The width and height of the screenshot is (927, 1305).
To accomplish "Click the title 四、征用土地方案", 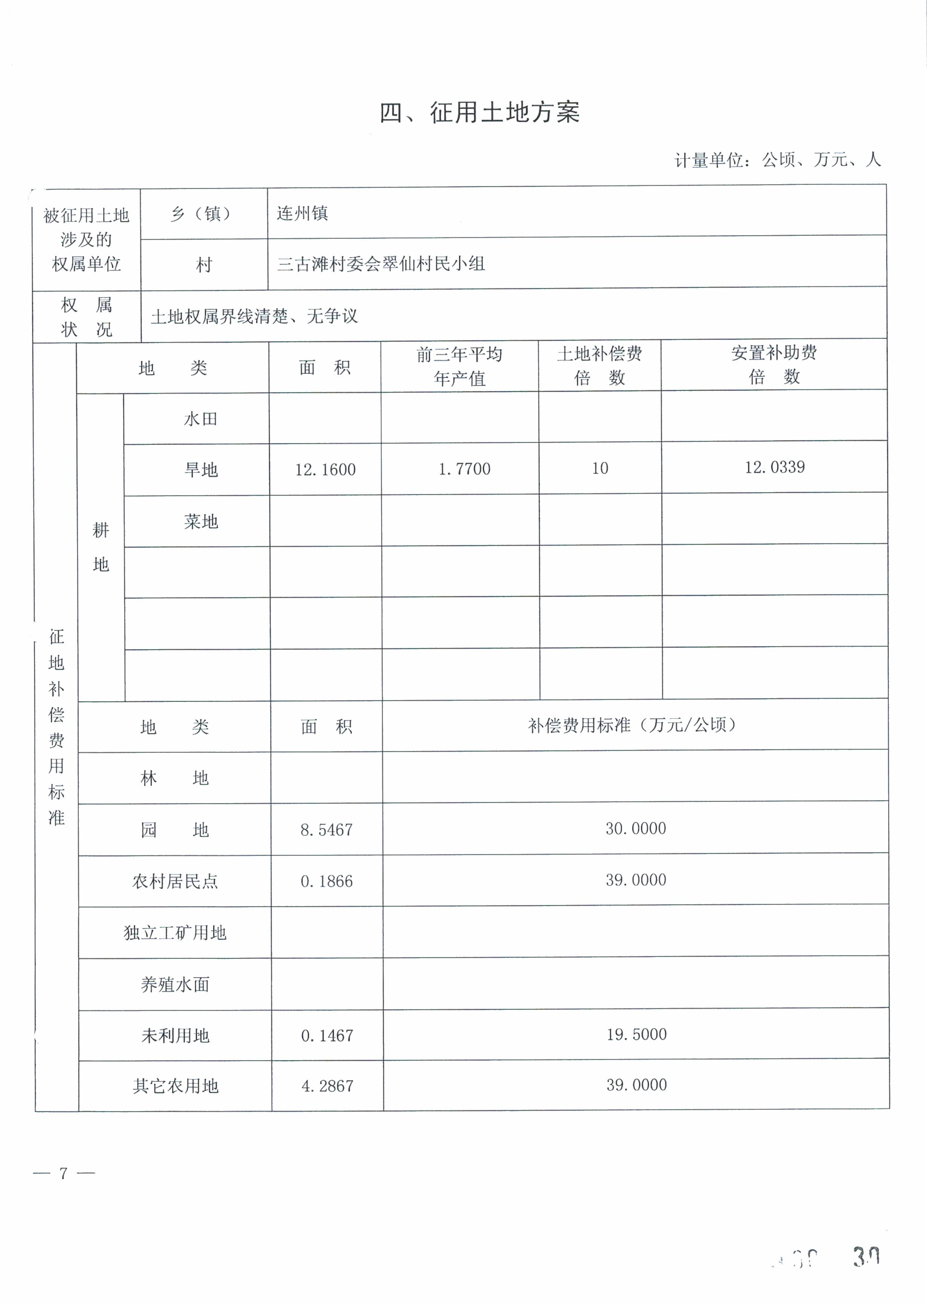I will (x=480, y=112).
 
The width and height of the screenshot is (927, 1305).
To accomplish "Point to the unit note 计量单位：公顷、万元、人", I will (x=778, y=160).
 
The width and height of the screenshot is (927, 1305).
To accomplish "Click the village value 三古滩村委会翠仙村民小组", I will (x=381, y=264).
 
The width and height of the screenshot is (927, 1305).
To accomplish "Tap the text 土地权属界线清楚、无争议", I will (x=254, y=316).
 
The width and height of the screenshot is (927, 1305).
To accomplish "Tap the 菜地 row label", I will (x=201, y=521).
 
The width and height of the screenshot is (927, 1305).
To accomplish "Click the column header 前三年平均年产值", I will (x=460, y=366).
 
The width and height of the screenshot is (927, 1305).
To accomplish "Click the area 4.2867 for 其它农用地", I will (x=327, y=1086).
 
